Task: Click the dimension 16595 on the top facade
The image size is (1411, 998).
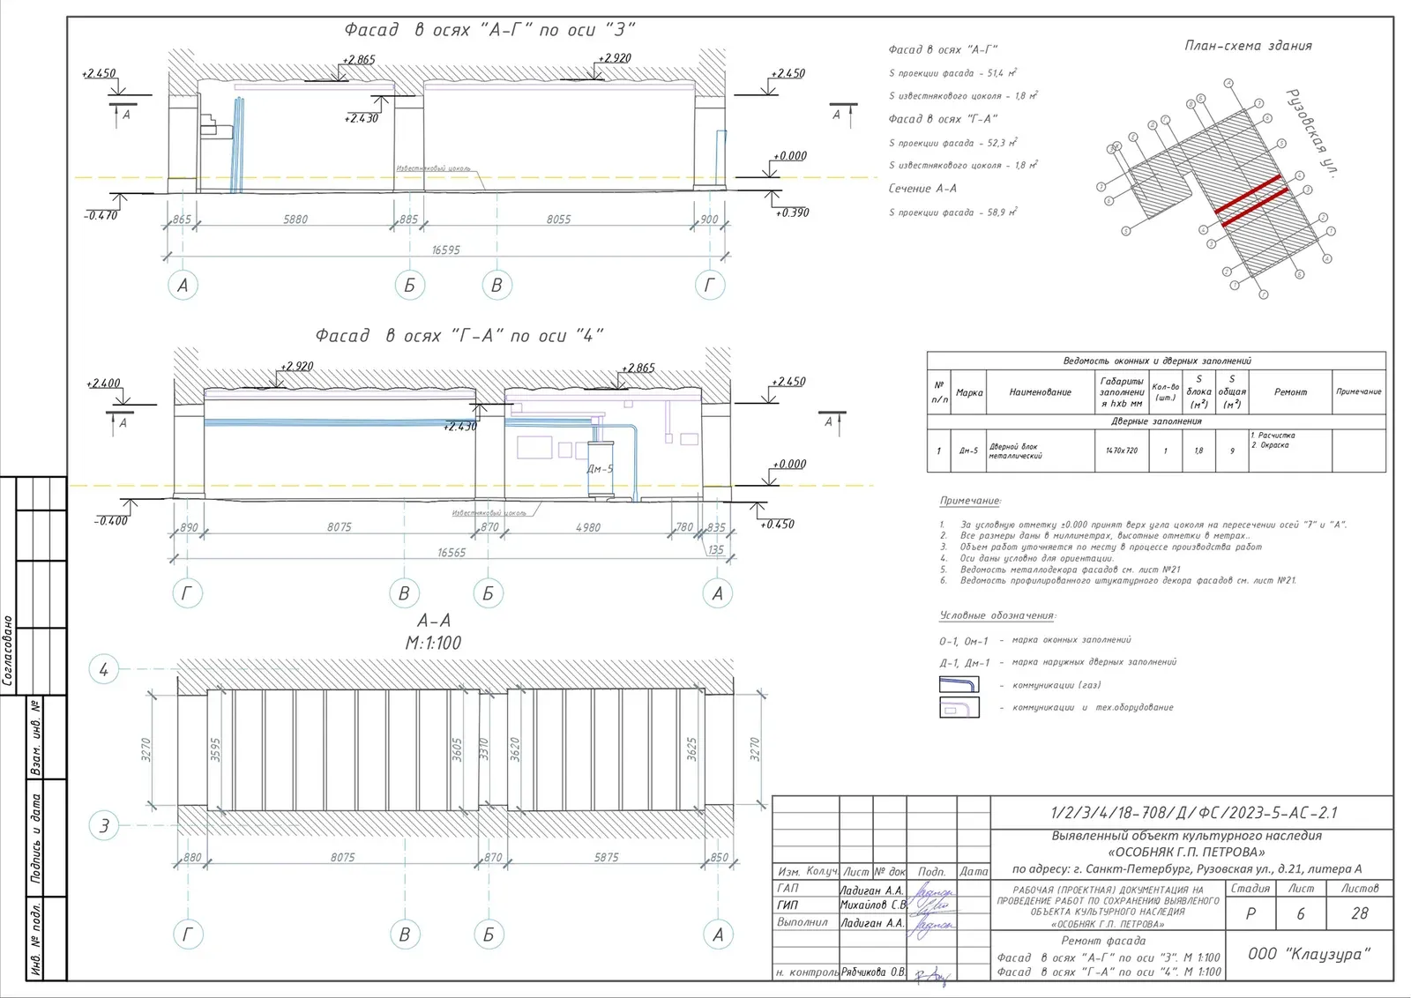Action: tap(445, 250)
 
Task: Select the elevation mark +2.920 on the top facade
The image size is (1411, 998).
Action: tap(615, 58)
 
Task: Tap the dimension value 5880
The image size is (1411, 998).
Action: tap(295, 220)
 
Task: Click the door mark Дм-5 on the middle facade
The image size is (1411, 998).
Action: tap(600, 469)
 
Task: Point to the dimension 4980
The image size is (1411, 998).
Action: tap(588, 528)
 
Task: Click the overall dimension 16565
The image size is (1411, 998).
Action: tap(452, 553)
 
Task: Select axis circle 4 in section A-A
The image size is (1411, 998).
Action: tap(104, 670)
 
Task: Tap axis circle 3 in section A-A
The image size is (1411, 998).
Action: tap(104, 826)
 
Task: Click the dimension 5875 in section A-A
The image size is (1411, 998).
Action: tap(606, 858)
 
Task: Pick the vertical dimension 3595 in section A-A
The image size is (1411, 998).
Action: tap(215, 749)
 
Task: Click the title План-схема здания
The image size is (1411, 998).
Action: tap(1248, 46)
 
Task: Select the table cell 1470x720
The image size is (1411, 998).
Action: tap(1122, 451)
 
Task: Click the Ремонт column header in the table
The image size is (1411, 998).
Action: tap(1290, 392)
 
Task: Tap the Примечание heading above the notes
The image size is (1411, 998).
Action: tap(970, 501)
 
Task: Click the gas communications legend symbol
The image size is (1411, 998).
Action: tap(959, 685)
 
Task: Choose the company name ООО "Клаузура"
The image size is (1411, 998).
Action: tap(1310, 954)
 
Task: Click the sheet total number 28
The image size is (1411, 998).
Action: tap(1360, 914)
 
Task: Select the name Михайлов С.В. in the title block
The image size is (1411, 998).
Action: tap(872, 905)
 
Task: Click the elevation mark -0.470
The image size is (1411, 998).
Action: tap(101, 215)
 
